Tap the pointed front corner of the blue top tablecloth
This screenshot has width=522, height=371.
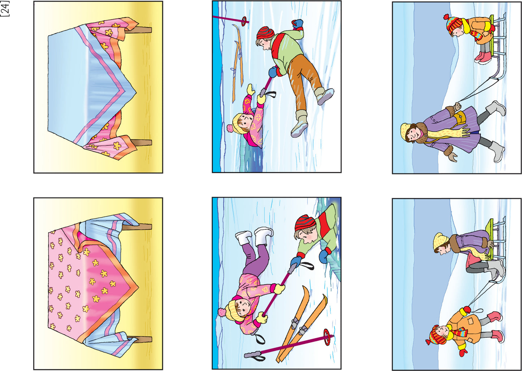136,92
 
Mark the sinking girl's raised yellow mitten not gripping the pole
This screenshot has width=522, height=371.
251,90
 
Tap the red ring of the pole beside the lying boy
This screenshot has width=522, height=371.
244,21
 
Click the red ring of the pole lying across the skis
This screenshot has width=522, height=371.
327,337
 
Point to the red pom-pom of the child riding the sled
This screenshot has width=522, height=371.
446,17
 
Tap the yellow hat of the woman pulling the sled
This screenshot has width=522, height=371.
407,131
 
